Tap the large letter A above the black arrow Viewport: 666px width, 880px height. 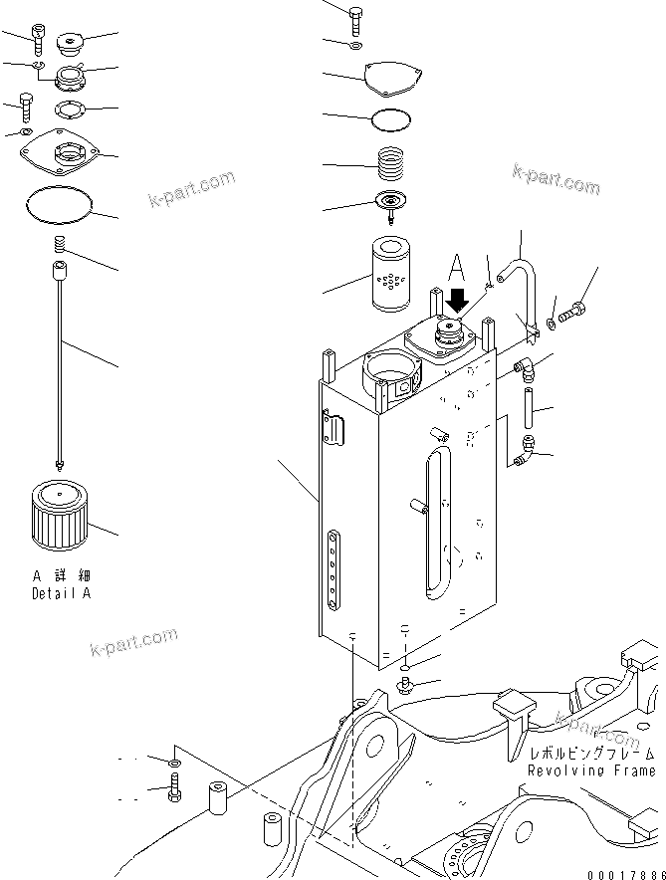[x=456, y=266]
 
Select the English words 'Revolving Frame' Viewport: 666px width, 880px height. [x=590, y=770]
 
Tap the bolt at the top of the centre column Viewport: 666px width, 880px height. [x=357, y=16]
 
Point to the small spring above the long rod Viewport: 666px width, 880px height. [x=59, y=245]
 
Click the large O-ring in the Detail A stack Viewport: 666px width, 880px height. [x=58, y=206]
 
